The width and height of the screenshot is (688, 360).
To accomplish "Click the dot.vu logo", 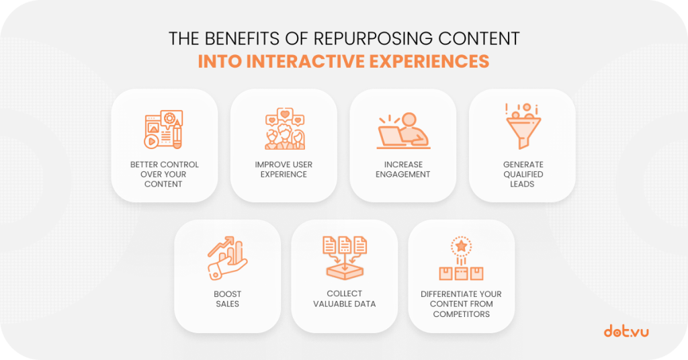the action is pyautogui.click(x=626, y=331).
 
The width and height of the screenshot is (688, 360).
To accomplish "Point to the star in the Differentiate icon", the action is pyautogui.click(x=461, y=246).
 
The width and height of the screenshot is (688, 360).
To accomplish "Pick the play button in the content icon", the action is pyautogui.click(x=151, y=142).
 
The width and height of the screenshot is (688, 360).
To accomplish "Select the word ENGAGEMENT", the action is pyautogui.click(x=403, y=175).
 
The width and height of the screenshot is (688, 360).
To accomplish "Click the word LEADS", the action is pyautogui.click(x=522, y=184).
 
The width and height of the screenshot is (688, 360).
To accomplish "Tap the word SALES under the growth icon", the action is pyautogui.click(x=227, y=304).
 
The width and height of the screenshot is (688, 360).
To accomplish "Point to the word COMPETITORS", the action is pyautogui.click(x=461, y=314).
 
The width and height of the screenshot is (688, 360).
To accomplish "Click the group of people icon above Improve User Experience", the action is pyautogui.click(x=285, y=129).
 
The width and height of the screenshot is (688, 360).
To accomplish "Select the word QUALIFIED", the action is pyautogui.click(x=523, y=175).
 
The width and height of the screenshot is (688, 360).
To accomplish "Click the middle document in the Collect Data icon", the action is pyautogui.click(x=345, y=244).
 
